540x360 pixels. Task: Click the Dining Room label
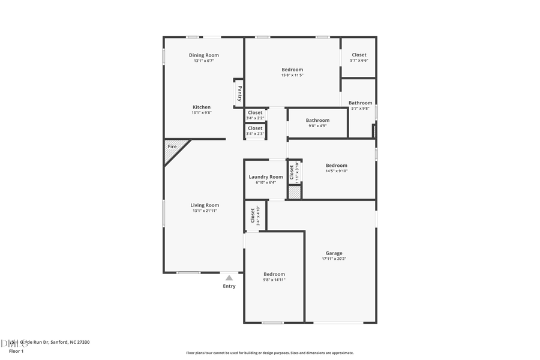(x=203, y=55)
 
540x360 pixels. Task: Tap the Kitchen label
(x=202, y=107)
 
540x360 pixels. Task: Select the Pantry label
(x=239, y=94)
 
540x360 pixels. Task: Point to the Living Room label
(x=205, y=205)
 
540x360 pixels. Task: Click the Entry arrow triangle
(x=229, y=278)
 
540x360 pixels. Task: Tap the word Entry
(x=229, y=286)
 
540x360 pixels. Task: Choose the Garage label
(x=334, y=253)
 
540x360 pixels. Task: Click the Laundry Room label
(x=266, y=177)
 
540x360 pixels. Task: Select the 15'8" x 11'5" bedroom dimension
(x=292, y=75)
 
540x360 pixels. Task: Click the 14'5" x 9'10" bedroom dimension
(x=337, y=171)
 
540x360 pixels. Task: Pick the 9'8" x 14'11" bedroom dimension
(x=274, y=280)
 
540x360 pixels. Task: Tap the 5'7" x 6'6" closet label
(x=359, y=58)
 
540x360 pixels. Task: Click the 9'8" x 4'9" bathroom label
(x=317, y=123)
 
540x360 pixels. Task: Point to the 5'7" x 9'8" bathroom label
(x=360, y=106)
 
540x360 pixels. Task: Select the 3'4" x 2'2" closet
(x=255, y=115)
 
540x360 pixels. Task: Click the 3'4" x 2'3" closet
(x=255, y=130)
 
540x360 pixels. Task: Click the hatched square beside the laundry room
(x=295, y=193)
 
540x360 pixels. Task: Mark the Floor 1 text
(x=16, y=351)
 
